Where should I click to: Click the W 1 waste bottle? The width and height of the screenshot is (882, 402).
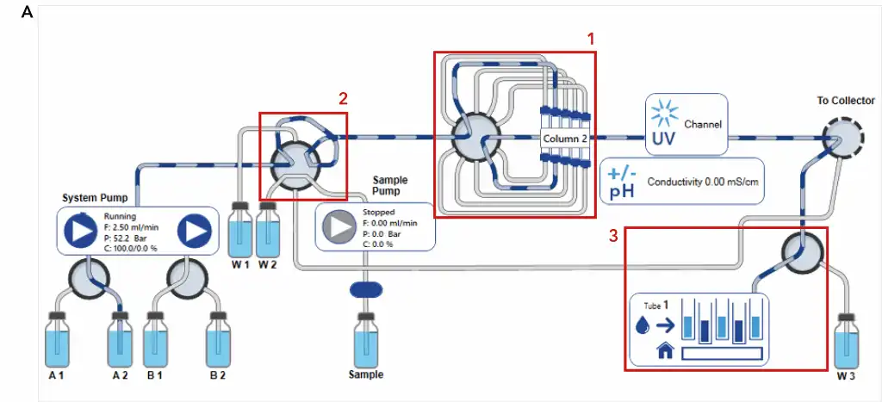239,229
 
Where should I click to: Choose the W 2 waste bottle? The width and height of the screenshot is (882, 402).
269,229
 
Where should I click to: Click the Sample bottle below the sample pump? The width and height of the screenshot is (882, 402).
365,340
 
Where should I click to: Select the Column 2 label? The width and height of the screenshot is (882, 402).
565,138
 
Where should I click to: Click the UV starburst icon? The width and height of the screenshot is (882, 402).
665,114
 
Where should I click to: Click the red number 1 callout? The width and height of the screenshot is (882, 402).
591,39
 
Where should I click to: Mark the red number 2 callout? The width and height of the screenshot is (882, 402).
343,98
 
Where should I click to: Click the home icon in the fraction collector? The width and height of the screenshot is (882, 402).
664,350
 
